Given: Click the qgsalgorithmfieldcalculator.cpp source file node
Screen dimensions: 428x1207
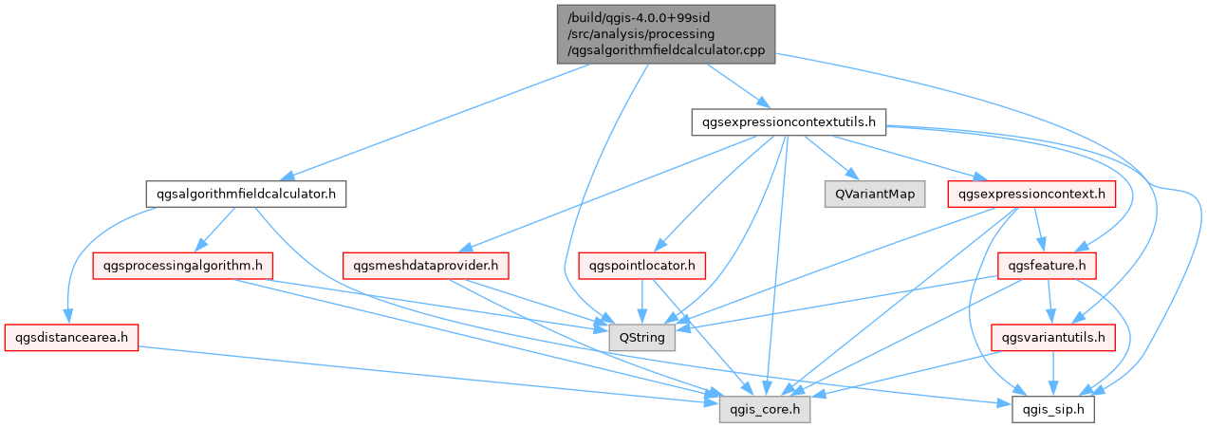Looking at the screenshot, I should [x=665, y=34].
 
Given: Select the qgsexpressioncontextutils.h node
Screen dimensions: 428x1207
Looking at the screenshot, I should [x=789, y=121].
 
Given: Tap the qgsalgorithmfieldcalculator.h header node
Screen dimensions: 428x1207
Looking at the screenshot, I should [x=246, y=195].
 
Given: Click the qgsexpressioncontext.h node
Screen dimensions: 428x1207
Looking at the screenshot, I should [x=1032, y=195].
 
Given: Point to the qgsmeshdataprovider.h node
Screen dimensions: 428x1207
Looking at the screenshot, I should [x=428, y=266].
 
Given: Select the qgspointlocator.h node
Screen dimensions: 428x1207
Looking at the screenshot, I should [x=641, y=266].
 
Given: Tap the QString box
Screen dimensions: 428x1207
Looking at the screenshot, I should [x=641, y=337].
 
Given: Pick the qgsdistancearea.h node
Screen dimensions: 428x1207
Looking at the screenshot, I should [x=72, y=337].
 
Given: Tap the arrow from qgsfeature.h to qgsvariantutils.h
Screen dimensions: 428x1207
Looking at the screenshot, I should [x=1049, y=302].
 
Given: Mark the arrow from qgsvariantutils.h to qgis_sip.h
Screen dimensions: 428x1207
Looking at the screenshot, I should [x=1050, y=373].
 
